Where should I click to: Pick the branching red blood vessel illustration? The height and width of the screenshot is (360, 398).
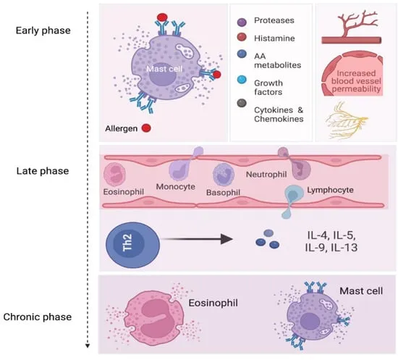click(x=352, y=25)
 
